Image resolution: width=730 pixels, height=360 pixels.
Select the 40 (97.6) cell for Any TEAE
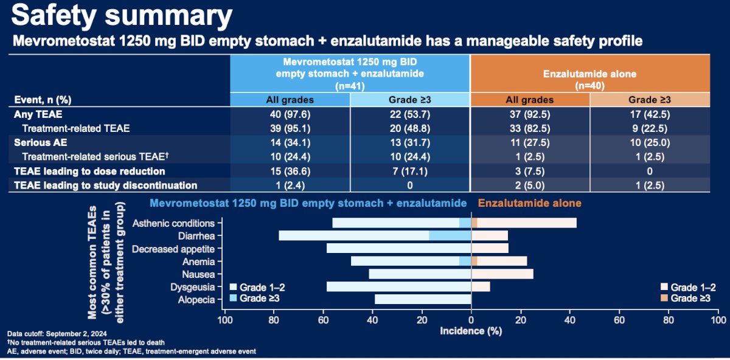[x=290, y=114]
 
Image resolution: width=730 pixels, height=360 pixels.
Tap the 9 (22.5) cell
[x=650, y=128]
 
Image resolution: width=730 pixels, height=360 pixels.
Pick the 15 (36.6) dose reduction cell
[x=290, y=171]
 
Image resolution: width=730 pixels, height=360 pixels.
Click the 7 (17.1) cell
[x=409, y=171]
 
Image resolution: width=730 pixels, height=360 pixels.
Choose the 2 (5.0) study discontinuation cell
[x=530, y=185]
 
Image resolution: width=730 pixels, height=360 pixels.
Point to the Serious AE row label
[x=40, y=143]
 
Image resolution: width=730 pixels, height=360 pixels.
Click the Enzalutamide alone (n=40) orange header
[x=590, y=80]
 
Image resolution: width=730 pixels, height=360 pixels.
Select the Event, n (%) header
[x=43, y=100]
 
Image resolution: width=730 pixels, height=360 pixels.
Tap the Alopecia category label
[x=196, y=300]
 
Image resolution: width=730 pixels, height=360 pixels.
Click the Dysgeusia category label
[x=193, y=288]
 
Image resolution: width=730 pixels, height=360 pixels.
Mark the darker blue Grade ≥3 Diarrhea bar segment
[x=450, y=235]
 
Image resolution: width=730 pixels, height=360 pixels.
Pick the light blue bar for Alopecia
[x=423, y=299]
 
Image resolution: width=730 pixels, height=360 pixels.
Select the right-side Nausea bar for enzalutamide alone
[x=502, y=274]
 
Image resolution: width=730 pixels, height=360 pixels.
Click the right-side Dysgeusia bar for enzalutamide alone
[x=481, y=286]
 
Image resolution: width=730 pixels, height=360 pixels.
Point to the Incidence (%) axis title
[x=471, y=331]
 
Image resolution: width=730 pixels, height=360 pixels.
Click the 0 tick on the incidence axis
[x=471, y=320]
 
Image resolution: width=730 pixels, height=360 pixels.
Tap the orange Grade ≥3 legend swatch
[x=664, y=298]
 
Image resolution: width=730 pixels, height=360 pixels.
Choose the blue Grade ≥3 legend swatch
[x=233, y=298]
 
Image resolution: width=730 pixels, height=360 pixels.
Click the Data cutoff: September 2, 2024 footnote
[x=57, y=334]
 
